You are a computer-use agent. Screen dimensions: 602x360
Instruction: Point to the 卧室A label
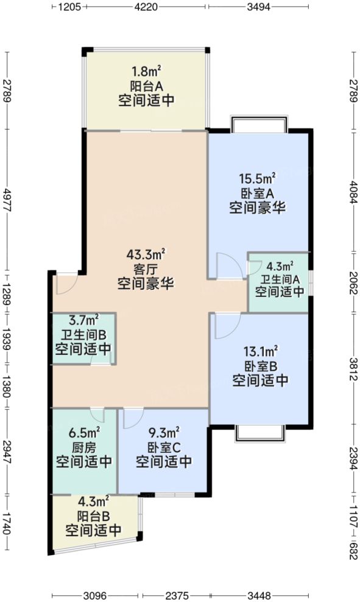(257, 194)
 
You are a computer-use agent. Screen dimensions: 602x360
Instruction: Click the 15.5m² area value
(257, 179)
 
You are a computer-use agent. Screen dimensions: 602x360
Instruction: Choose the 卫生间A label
(279, 279)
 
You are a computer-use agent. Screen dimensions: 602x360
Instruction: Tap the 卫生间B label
(83, 335)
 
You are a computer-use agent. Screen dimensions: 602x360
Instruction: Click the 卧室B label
(260, 366)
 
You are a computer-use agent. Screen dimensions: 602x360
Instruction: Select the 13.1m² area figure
(260, 351)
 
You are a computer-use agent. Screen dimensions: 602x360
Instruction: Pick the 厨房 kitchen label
(83, 448)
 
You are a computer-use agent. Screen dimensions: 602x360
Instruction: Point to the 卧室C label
(163, 448)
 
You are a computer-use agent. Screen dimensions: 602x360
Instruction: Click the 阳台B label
(94, 516)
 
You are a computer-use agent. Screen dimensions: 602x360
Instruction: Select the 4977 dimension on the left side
(7, 200)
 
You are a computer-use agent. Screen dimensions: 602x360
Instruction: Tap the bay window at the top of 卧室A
(259, 124)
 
